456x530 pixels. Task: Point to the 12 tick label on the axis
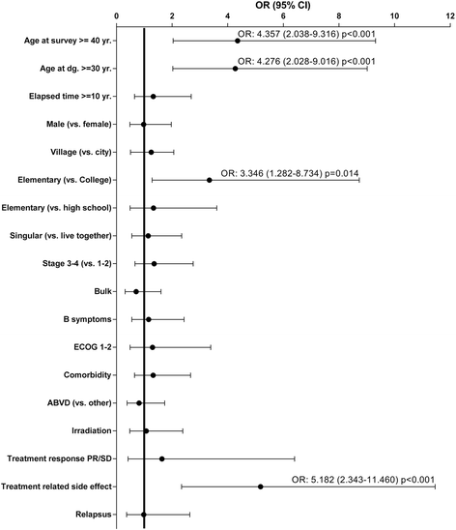(x=448, y=17)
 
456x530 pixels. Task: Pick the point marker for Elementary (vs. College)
(x=209, y=180)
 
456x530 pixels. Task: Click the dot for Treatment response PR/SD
(x=161, y=431)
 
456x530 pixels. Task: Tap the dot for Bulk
(x=136, y=292)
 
